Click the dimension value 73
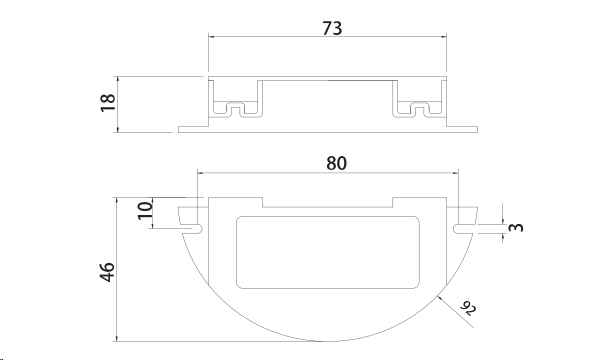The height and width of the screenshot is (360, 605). click(332, 28)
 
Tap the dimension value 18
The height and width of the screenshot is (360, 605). click(108, 103)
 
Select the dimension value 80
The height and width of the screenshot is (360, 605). click(336, 163)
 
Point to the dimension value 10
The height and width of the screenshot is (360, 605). click(145, 210)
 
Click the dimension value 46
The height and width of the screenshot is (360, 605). click(107, 272)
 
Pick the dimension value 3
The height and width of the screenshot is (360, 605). click(516, 227)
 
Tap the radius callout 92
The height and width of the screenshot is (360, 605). click(468, 308)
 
